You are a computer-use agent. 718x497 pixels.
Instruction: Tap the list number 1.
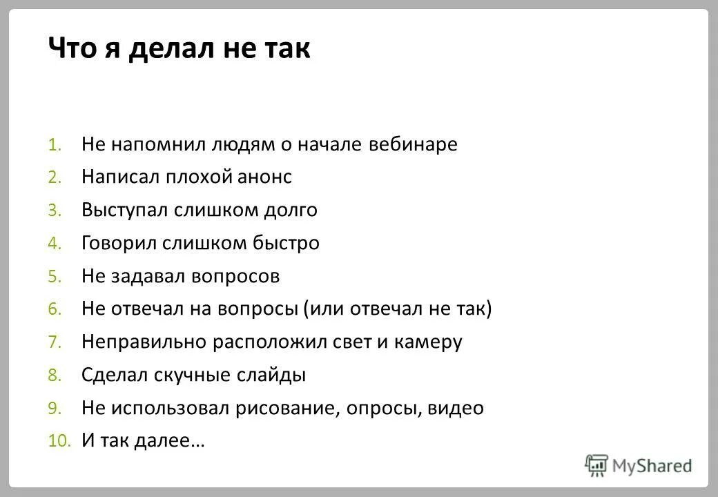coord(55,146)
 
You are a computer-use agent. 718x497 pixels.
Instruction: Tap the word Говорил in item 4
coord(119,243)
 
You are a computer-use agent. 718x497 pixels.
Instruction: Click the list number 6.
coord(55,310)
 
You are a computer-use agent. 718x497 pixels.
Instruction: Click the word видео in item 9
coord(456,408)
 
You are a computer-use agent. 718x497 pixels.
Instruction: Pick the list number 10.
coord(59,442)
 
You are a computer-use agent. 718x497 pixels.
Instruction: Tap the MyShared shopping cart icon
coord(596,465)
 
